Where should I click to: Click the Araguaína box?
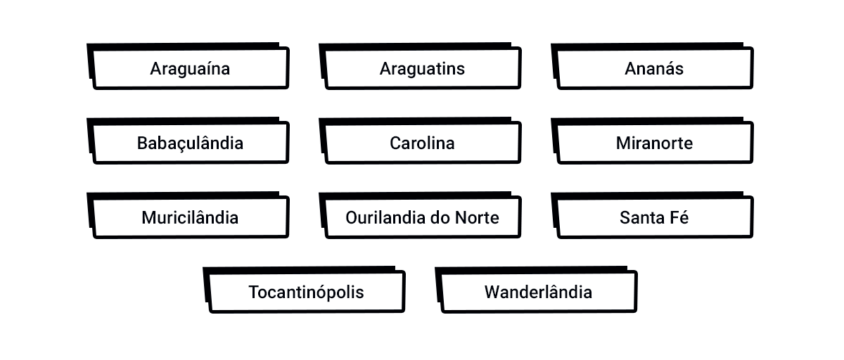tap(190, 69)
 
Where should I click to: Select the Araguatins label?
tap(422, 69)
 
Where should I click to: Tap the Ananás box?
tap(654, 69)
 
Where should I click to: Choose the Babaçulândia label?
tap(190, 143)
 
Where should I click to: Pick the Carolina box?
tap(422, 143)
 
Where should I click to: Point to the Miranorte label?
tap(654, 143)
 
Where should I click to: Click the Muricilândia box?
tap(190, 218)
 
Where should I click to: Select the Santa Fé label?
tap(654, 218)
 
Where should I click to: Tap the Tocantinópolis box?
tap(306, 292)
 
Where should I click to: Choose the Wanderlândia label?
tap(538, 292)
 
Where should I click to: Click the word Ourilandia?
tap(384, 218)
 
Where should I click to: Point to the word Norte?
tap(478, 218)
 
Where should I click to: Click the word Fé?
tap(679, 218)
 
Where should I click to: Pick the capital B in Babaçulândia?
tap(142, 143)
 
